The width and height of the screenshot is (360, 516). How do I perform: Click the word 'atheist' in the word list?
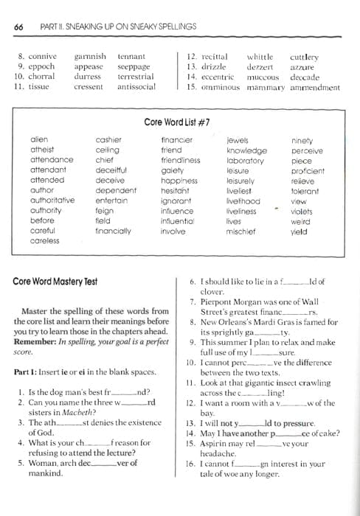[x=42, y=150]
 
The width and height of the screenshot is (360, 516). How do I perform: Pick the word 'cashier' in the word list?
[x=108, y=140]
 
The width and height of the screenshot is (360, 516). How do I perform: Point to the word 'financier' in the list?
[x=176, y=140]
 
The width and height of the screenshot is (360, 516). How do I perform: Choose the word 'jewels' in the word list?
[x=238, y=140]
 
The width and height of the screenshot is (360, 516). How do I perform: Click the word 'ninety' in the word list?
[x=302, y=140]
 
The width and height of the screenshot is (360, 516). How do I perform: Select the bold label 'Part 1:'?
[x=27, y=372]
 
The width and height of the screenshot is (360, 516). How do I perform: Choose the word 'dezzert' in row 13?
[x=259, y=66]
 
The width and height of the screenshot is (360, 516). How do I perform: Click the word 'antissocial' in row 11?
[x=136, y=86]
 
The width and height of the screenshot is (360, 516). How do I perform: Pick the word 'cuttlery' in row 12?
[x=304, y=56]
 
